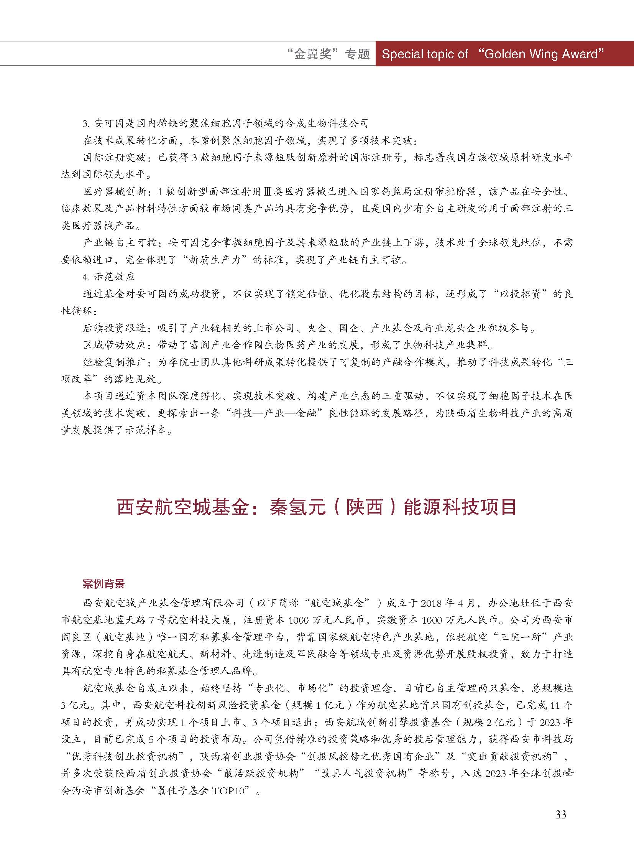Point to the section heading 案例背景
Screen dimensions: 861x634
click(103, 584)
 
